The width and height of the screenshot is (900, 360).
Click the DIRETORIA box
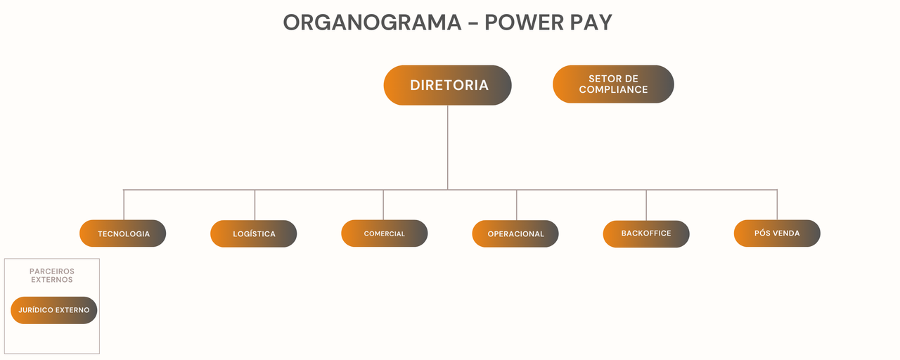[x=447, y=85]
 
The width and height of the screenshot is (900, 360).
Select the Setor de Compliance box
[x=613, y=84]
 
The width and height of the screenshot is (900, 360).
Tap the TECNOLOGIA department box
[x=123, y=233]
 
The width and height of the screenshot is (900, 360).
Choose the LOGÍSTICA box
[x=254, y=233]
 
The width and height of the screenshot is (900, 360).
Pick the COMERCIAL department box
[x=385, y=233]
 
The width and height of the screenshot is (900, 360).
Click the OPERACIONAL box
[x=515, y=233]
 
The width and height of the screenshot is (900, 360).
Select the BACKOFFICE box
[x=646, y=233]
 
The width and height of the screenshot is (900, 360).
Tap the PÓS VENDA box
[x=777, y=233]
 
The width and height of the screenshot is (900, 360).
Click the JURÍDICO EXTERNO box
[x=54, y=310]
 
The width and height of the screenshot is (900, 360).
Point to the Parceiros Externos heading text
[x=52, y=275]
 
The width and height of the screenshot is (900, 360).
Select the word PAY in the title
[x=588, y=22]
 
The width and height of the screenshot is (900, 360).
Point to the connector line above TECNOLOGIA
[x=124, y=205]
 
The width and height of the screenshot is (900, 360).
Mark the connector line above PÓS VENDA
[x=777, y=205]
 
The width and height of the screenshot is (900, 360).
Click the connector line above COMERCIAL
[x=383, y=205]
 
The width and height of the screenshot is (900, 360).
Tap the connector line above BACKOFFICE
[x=646, y=205]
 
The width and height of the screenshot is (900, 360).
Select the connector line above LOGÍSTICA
[x=255, y=205]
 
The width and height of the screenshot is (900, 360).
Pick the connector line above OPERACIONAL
[x=516, y=205]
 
